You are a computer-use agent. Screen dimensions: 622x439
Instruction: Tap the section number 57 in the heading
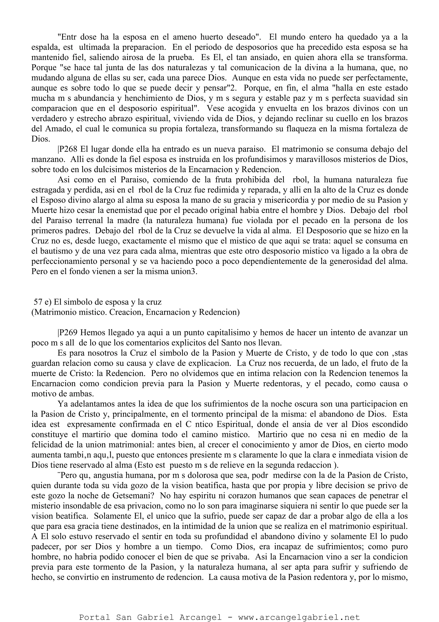coord(38,302)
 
